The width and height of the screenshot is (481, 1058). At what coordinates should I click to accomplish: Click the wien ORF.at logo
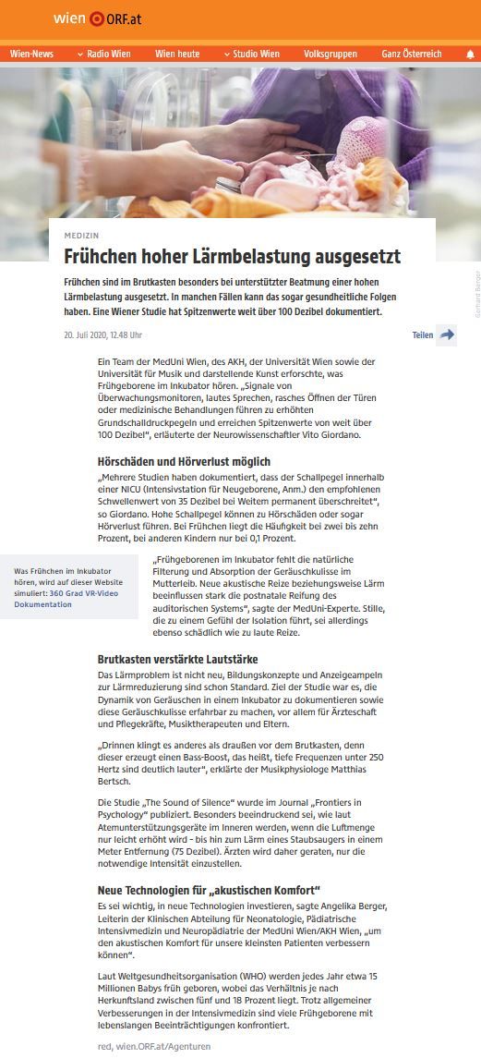point(96,18)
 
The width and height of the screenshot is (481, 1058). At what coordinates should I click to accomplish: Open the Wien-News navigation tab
point(31,55)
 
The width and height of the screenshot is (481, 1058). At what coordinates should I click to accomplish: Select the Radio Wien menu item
point(103,55)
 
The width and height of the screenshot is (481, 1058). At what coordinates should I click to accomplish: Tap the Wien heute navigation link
point(177,55)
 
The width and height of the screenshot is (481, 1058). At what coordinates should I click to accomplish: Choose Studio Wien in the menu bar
point(252,55)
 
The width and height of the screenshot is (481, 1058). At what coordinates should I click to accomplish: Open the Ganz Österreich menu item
point(411,55)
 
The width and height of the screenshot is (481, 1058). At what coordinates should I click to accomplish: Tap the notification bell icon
point(469,55)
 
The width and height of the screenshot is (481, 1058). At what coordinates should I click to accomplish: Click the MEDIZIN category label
point(81,235)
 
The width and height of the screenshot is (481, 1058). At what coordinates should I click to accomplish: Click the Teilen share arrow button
point(447,334)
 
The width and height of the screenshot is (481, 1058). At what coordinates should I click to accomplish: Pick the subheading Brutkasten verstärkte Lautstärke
point(177,660)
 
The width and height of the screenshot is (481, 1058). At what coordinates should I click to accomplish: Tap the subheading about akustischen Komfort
point(209,889)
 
